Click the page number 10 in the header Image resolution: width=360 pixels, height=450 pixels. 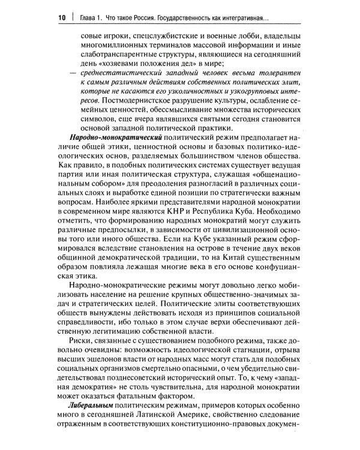[62, 16]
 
